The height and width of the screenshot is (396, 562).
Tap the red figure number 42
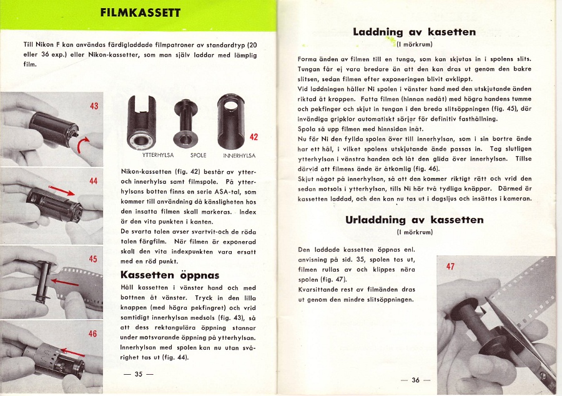pos(254,137)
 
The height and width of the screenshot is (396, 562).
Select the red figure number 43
pos(94,106)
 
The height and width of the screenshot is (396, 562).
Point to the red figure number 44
pos(94,181)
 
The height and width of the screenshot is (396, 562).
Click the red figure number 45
pos(93,259)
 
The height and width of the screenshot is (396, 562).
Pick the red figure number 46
pos(93,334)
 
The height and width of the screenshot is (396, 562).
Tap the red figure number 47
pos(450,267)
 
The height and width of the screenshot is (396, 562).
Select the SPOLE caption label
pos(198,155)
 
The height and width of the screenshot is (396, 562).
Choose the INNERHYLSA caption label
pos(239,155)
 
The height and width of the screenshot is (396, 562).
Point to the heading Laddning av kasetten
pos(414,31)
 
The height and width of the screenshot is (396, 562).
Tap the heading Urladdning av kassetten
pos(414,219)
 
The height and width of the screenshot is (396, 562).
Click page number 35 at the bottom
pos(139,374)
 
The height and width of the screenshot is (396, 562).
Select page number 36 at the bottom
pos(415,380)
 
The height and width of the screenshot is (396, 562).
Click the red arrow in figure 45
pos(65,283)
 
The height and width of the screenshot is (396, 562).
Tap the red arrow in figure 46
pos(72,354)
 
